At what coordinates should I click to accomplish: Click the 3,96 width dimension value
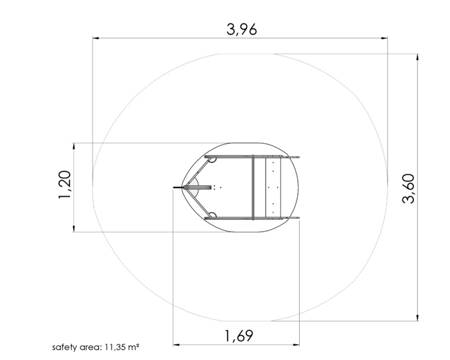[241, 29]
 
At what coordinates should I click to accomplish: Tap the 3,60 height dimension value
[408, 188]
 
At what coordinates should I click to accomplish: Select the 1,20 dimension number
[64, 184]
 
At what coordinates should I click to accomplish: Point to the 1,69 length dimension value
[238, 336]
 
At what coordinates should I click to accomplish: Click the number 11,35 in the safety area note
[115, 347]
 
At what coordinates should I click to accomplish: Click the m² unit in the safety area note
[134, 347]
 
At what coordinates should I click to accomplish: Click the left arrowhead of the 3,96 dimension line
[96, 38]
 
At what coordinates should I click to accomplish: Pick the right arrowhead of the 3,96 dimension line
[384, 38]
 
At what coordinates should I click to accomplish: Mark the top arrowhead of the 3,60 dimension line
[417, 57]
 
